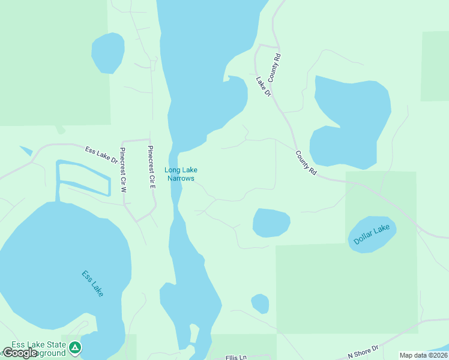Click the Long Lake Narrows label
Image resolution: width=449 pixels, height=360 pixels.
181,174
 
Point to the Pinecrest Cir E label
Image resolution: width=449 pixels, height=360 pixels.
152,168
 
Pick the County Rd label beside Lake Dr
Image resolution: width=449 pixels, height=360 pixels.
275,68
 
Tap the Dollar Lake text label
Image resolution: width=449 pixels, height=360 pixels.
372,234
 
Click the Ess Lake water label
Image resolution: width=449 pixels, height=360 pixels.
92,284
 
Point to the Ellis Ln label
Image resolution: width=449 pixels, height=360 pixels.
236,357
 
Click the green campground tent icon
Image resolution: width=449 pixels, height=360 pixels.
74,347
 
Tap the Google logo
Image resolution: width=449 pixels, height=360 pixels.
19,353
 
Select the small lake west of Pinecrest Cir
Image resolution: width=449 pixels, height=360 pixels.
107,53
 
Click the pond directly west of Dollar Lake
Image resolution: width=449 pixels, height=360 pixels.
271,223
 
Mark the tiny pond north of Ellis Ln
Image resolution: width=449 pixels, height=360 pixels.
260,303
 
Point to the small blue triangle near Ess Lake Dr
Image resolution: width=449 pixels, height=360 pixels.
26,150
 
